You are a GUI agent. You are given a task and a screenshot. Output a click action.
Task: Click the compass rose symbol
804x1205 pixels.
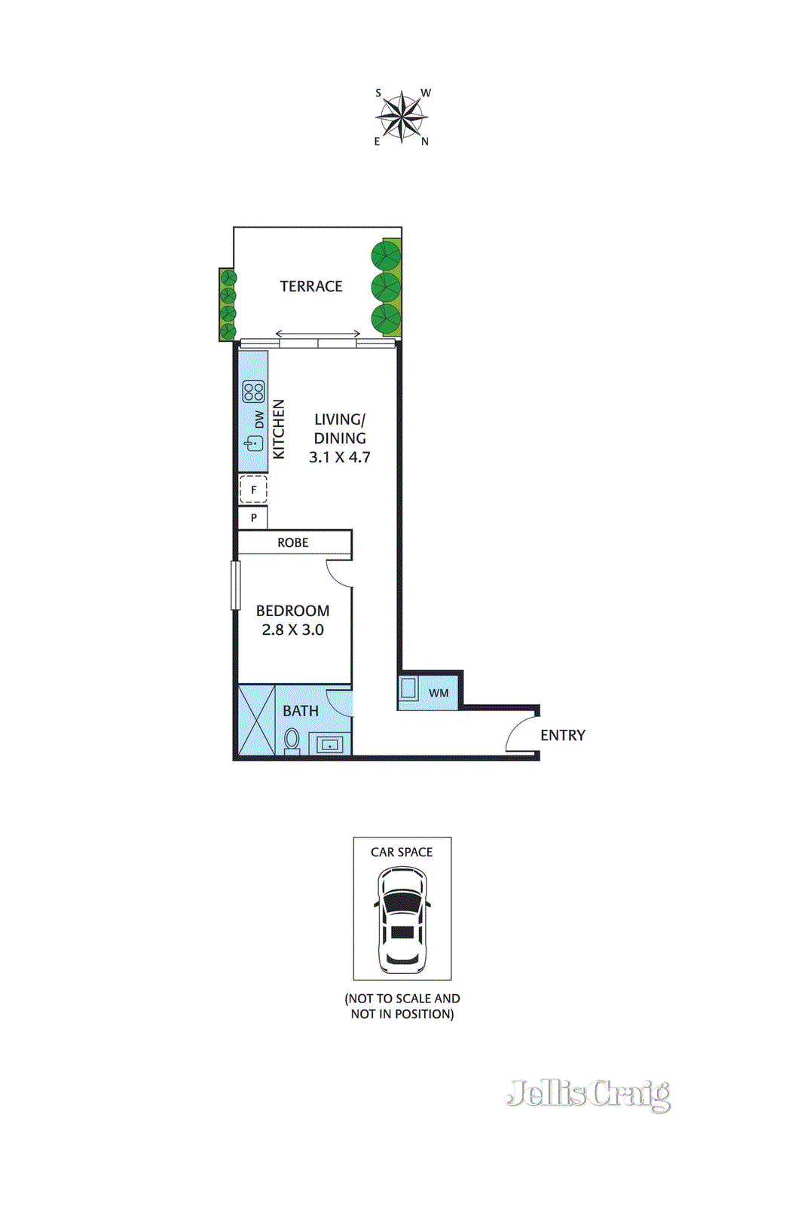pyautogui.click(x=402, y=117)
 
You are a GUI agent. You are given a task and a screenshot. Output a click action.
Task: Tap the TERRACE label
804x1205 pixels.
pyautogui.click(x=311, y=286)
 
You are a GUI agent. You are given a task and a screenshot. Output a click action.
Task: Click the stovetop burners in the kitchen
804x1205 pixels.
pyautogui.click(x=253, y=392)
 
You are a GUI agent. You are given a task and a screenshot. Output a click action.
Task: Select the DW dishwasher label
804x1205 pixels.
pyautogui.click(x=259, y=419)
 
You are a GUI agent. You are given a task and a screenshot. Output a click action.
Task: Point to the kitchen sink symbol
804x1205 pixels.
pyautogui.click(x=254, y=444)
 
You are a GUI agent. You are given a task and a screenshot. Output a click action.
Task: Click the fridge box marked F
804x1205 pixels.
pyautogui.click(x=253, y=490)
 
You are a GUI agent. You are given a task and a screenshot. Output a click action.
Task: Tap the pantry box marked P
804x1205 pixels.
pyautogui.click(x=253, y=517)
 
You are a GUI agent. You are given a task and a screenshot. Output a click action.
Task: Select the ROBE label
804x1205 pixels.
pyautogui.click(x=292, y=542)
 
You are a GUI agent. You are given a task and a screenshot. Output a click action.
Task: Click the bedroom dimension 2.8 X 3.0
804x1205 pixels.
pyautogui.click(x=292, y=630)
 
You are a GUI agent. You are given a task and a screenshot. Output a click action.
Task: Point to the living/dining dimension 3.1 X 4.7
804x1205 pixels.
pyautogui.click(x=339, y=457)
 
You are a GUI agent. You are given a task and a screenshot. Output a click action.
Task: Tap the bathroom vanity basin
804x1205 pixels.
pyautogui.click(x=329, y=745)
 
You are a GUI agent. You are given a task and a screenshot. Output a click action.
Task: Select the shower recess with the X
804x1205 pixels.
pyautogui.click(x=256, y=719)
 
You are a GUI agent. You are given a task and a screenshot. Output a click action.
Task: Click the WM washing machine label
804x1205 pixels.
pyautogui.click(x=439, y=693)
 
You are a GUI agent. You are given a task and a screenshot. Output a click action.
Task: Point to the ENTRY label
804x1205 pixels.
pyautogui.click(x=562, y=735)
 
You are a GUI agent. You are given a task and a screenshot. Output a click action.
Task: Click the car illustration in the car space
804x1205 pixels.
pyautogui.click(x=402, y=919)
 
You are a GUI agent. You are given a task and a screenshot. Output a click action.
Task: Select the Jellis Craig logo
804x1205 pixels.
pyautogui.click(x=588, y=1094)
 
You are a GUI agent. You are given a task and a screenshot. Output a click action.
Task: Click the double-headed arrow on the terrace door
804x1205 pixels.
pyautogui.click(x=317, y=334)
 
